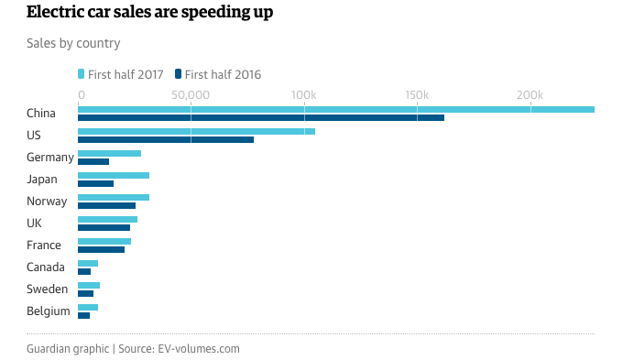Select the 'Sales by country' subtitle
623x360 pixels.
click(73, 43)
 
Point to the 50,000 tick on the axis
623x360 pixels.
click(190, 95)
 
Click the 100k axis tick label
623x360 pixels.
click(303, 95)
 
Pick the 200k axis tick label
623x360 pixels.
click(530, 95)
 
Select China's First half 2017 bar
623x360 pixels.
click(335, 109)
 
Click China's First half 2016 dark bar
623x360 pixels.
click(260, 117)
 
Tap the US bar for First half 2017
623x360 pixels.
click(196, 132)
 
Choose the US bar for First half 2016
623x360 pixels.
click(165, 140)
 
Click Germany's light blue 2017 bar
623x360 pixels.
click(109, 154)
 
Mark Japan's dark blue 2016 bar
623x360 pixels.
click(95, 184)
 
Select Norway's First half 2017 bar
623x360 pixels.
click(113, 198)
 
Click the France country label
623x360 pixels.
click(44, 245)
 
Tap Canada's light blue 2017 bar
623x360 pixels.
click(88, 264)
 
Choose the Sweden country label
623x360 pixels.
click(47, 289)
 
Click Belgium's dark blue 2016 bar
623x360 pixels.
click(83, 316)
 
